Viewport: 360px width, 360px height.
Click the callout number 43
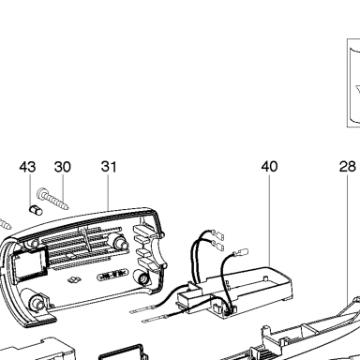click(27, 167)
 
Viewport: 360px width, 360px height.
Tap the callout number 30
click(63, 167)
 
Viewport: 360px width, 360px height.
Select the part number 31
click(109, 167)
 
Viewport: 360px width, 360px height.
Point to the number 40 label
click(269, 166)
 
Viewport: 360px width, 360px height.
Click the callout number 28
click(348, 166)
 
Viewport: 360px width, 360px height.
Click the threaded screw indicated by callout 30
click(53, 199)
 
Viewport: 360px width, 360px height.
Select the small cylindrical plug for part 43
click(36, 210)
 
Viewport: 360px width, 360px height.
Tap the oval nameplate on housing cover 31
click(113, 276)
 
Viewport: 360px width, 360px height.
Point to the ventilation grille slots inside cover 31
click(79, 246)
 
